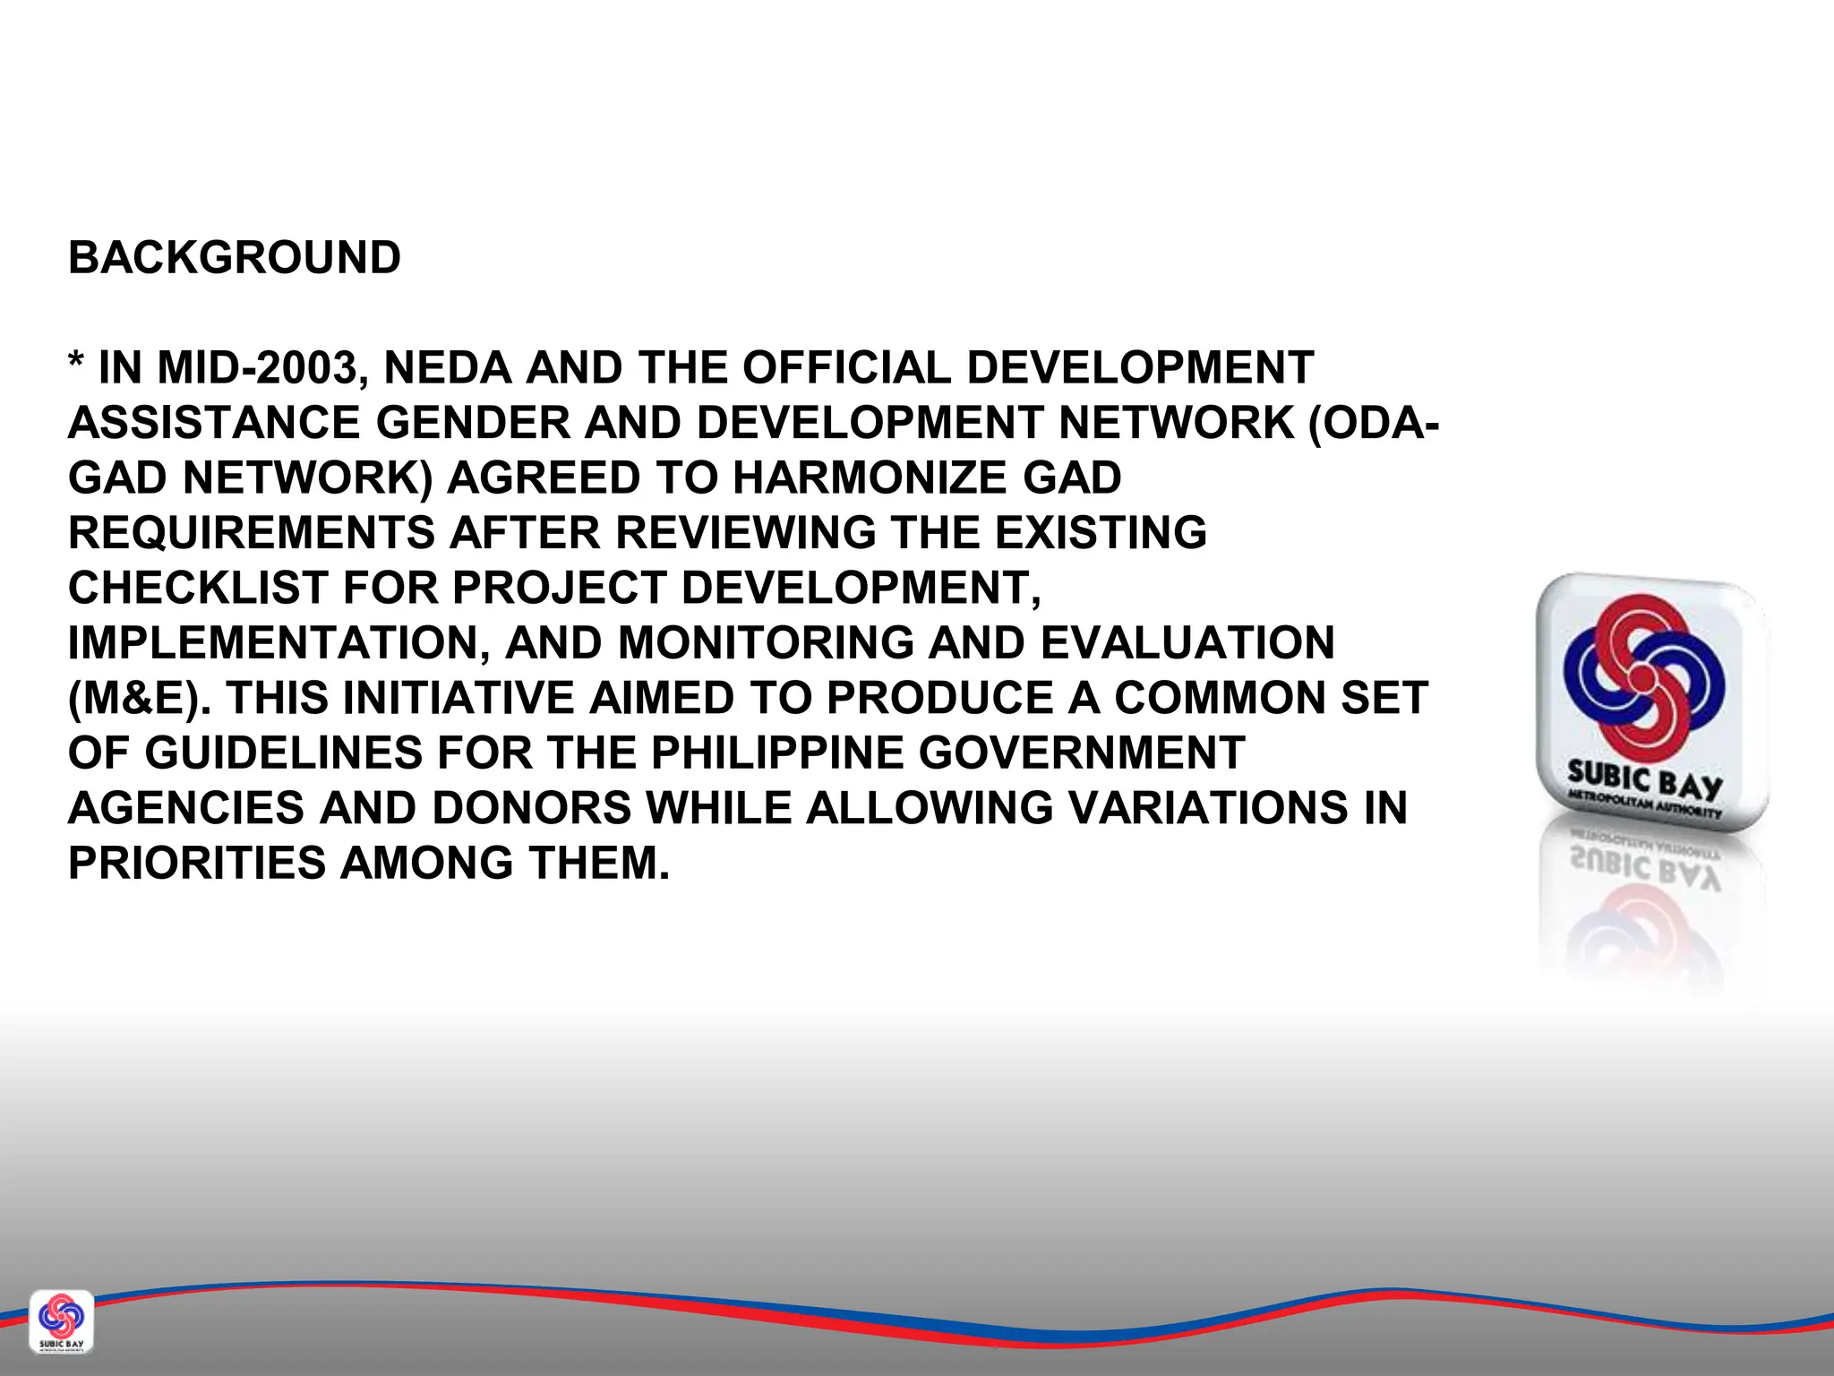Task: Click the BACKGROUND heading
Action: (235, 258)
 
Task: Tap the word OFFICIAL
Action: (846, 368)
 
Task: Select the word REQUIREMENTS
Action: (251, 533)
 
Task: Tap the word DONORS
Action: (532, 808)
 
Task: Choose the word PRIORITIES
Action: (196, 864)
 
